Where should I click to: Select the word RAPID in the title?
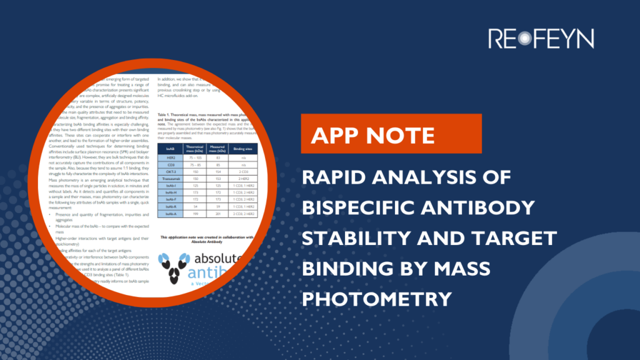(x=335, y=178)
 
